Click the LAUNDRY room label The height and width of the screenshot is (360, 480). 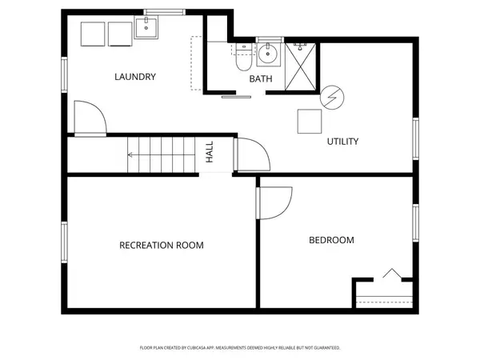click(x=135, y=77)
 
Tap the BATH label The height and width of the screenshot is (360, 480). click(x=261, y=79)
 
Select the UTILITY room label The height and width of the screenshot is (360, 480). click(x=342, y=142)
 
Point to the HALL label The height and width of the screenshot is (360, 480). click(x=210, y=152)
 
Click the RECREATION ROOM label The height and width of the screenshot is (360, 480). click(x=162, y=246)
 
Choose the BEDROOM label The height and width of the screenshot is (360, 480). click(x=331, y=240)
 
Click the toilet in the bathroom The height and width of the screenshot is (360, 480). click(x=244, y=58)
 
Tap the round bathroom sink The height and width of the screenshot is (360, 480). click(x=268, y=54)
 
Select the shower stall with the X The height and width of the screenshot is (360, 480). click(x=300, y=66)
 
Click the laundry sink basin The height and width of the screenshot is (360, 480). click(x=146, y=28)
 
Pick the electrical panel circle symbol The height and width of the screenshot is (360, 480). click(x=332, y=98)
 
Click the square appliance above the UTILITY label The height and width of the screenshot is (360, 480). click(x=310, y=122)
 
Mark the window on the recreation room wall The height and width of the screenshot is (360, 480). click(x=64, y=242)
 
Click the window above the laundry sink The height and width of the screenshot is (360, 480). click(x=165, y=12)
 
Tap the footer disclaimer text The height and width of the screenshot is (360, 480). click(x=240, y=348)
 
